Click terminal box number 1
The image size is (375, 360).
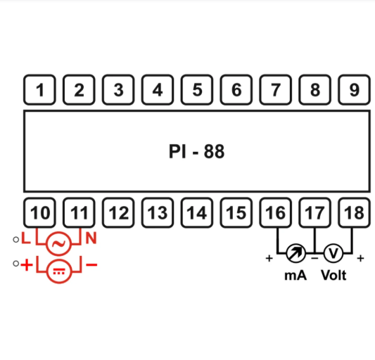coord(40,90)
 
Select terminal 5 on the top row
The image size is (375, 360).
coord(197,90)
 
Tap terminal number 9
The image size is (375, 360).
coord(355,90)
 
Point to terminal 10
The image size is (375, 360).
coord(40,212)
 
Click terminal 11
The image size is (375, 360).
coord(80,212)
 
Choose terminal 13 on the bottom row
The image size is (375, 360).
coord(158,212)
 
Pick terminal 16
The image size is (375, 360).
coord(276,212)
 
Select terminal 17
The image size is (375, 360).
coord(315,212)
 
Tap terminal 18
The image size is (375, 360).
coord(355,212)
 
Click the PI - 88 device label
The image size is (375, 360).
coord(197,151)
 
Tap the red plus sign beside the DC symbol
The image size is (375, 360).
coord(27,265)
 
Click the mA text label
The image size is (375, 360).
coord(295,276)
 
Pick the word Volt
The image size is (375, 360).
coord(334,276)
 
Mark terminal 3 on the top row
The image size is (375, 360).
coord(118,90)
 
